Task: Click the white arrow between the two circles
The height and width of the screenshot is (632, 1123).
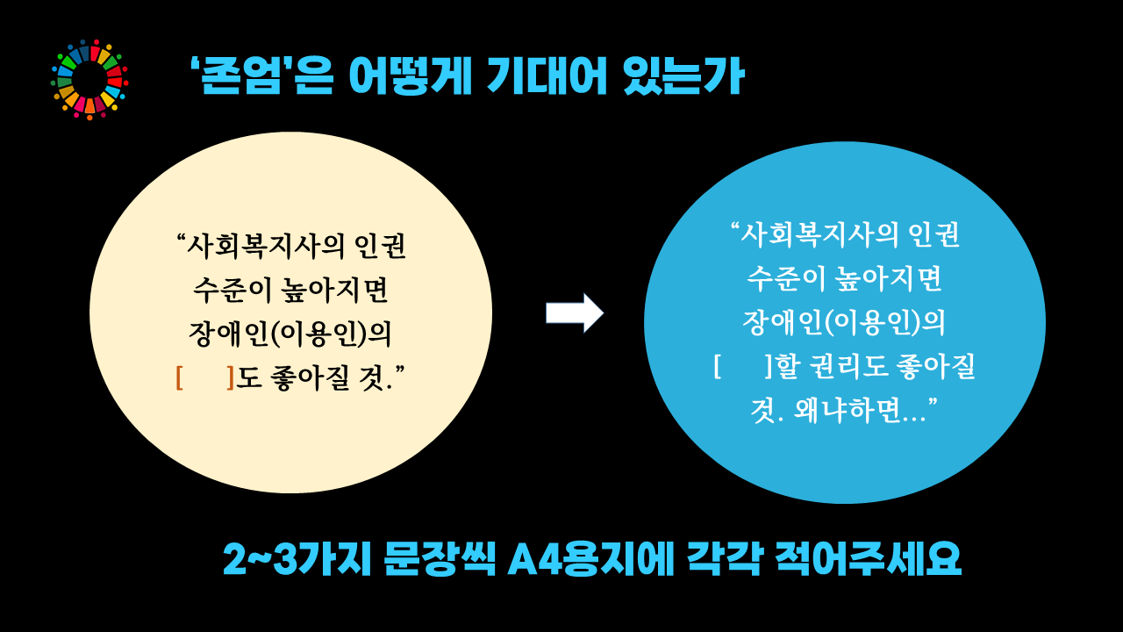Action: pyautogui.click(x=575, y=313)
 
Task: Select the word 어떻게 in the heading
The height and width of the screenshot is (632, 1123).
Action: pyautogui.click(x=410, y=76)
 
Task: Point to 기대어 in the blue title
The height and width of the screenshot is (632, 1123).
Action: pyautogui.click(x=547, y=75)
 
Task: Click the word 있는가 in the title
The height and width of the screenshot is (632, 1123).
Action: pyautogui.click(x=683, y=75)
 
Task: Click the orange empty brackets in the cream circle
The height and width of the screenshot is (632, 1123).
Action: pyautogui.click(x=205, y=377)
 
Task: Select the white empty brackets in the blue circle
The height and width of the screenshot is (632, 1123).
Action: pyautogui.click(x=742, y=367)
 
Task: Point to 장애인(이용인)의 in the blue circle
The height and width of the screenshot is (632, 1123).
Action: pyautogui.click(x=844, y=322)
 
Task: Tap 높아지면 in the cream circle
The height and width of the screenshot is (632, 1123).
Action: pyautogui.click(x=335, y=291)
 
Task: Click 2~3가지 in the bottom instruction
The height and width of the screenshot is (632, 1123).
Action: pyautogui.click(x=297, y=559)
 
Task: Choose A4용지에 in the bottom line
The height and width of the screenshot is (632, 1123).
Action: pyautogui.click(x=590, y=559)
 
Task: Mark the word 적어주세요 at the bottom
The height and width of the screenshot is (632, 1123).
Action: pyautogui.click(x=868, y=559)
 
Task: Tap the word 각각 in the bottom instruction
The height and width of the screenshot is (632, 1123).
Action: pyautogui.click(x=724, y=559)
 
